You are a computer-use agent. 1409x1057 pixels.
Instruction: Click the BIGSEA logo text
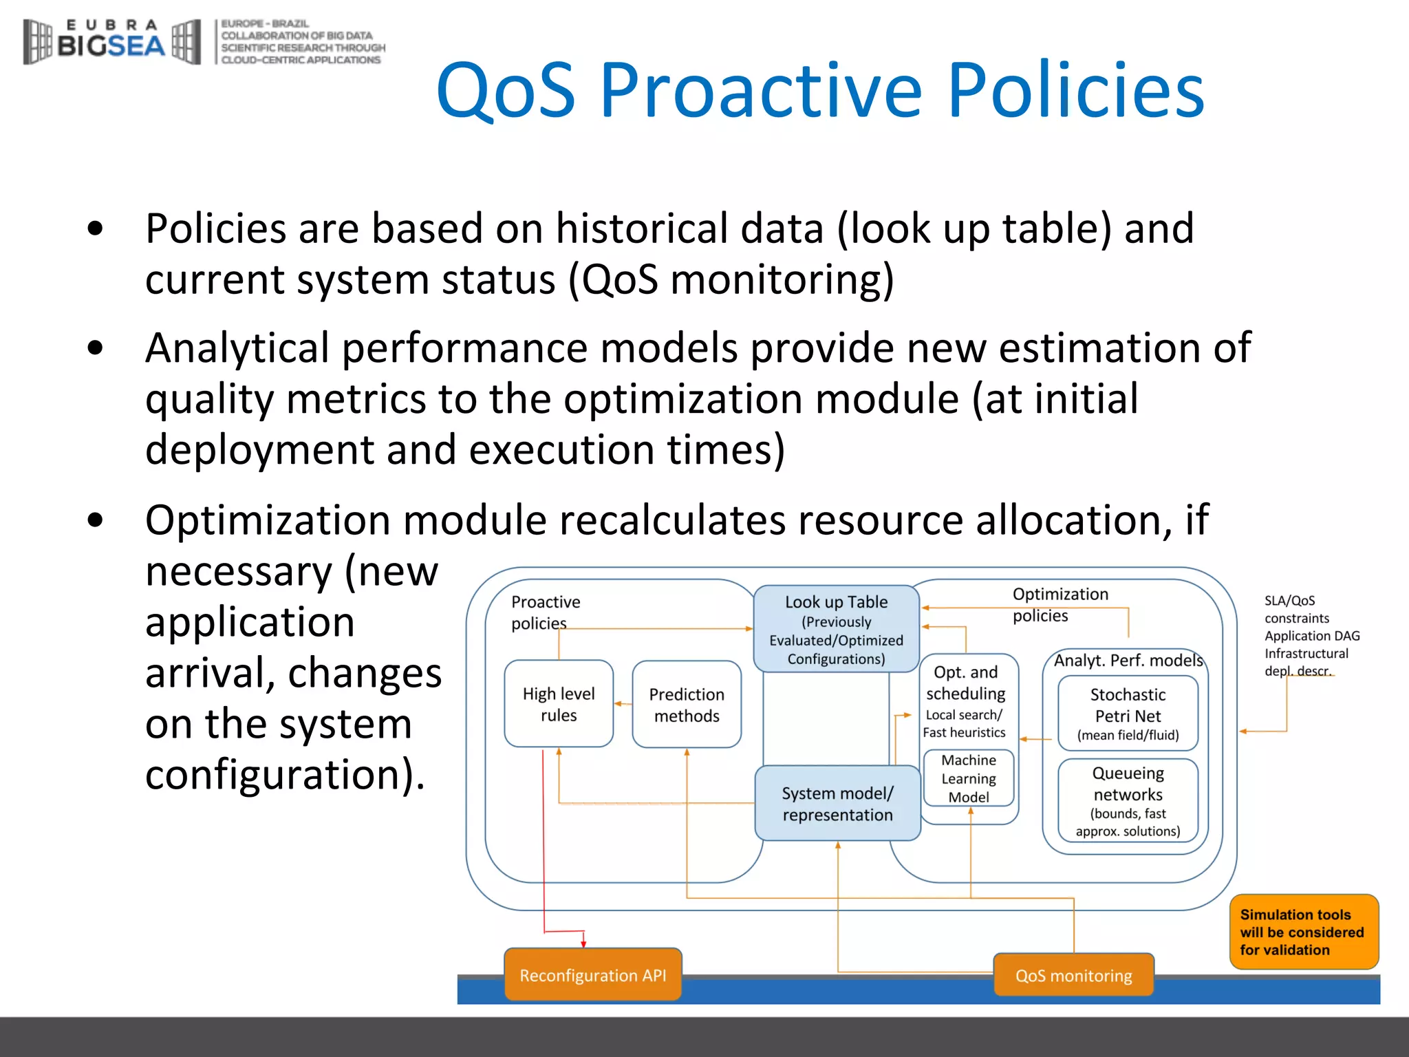(x=110, y=45)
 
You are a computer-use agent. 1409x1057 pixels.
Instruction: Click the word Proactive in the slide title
(x=760, y=91)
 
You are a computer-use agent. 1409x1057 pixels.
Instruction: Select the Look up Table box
(x=836, y=629)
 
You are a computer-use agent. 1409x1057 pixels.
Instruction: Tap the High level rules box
(x=559, y=704)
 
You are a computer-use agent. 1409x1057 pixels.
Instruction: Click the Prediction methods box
(x=687, y=705)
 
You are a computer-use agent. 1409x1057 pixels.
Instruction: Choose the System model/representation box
(x=837, y=804)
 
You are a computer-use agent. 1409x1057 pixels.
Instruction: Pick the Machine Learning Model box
(x=969, y=778)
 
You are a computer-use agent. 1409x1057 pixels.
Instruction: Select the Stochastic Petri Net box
(x=1128, y=714)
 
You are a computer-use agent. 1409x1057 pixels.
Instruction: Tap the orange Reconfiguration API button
(x=592, y=975)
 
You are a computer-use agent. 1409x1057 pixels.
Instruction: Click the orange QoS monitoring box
(x=1073, y=976)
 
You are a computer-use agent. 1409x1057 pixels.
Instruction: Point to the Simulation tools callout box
(x=1303, y=932)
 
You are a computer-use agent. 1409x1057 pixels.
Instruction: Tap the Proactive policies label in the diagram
(x=545, y=612)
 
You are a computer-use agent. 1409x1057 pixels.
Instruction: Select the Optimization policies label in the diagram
(x=1060, y=604)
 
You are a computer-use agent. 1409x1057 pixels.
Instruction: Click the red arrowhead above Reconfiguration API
(x=583, y=943)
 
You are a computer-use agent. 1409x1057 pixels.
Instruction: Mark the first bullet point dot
(x=96, y=228)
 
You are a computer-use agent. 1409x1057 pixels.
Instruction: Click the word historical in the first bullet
(x=689, y=228)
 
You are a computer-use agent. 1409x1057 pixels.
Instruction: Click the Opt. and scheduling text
(x=965, y=683)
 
